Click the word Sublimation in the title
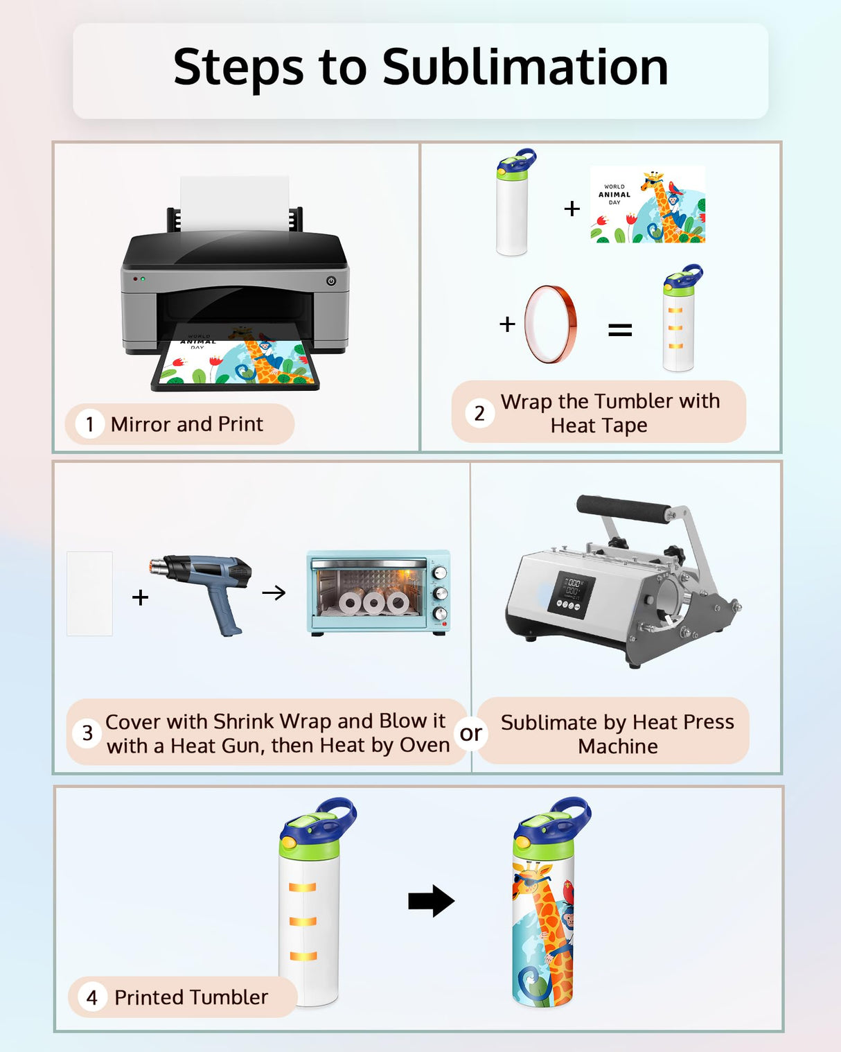525,67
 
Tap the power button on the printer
331,281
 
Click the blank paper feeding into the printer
235,203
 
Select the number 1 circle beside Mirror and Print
89,424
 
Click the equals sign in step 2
619,330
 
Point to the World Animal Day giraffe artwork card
648,204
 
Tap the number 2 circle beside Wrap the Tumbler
479,413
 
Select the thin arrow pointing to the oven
274,593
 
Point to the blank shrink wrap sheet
89,593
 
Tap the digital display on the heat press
572,595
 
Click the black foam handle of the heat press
623,509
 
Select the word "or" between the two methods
470,733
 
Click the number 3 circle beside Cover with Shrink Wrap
87,733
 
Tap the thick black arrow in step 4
431,900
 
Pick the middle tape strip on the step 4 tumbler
303,922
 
